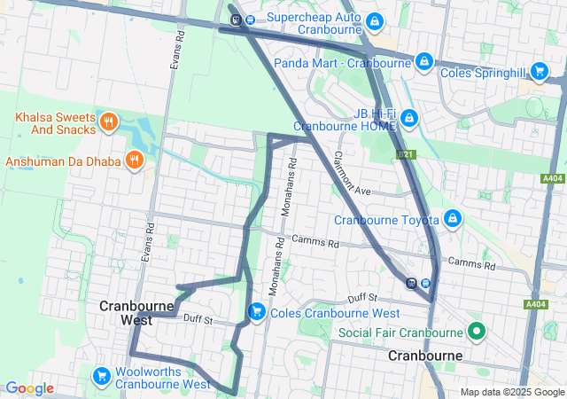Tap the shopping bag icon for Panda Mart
pyautogui.click(x=424, y=62)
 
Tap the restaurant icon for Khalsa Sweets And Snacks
pyautogui.click(x=108, y=121)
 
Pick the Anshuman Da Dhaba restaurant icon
pyautogui.click(x=134, y=160)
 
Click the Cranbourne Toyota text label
pyautogui.click(x=386, y=220)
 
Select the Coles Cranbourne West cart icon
pyautogui.click(x=256, y=311)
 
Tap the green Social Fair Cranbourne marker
pyautogui.click(x=477, y=332)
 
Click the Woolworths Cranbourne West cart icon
pyautogui.click(x=101, y=378)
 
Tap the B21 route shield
pyautogui.click(x=406, y=154)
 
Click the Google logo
pyautogui.click(x=29, y=388)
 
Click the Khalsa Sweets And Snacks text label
pyautogui.click(x=55, y=123)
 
